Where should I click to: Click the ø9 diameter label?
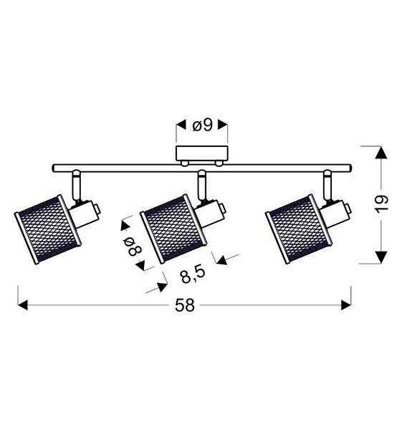click(203, 126)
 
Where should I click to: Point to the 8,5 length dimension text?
click(188, 274)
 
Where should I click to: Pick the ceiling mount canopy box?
click(203, 155)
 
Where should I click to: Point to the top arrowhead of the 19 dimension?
click(381, 152)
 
